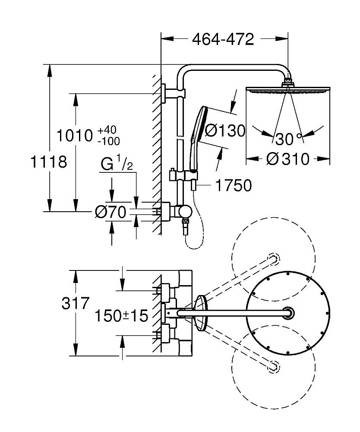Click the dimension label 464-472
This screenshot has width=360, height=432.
(x=223, y=40)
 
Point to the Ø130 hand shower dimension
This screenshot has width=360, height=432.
(x=224, y=130)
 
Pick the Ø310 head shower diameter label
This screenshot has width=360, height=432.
(x=288, y=159)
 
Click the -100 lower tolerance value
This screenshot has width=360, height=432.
(x=108, y=141)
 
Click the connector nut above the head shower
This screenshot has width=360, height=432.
(x=288, y=83)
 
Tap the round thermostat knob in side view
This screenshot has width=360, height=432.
(x=186, y=212)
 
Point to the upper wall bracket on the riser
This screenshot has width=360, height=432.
(x=175, y=92)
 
